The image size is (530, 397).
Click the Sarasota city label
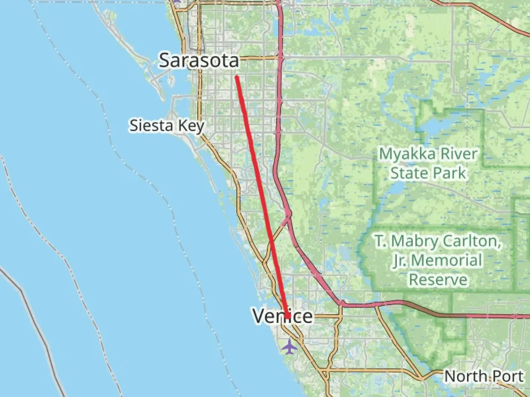click(199, 60)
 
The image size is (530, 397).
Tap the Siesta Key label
click(167, 126)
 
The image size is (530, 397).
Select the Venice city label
click(283, 316)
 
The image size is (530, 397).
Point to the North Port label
click(484, 376)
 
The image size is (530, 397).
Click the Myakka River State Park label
click(428, 164)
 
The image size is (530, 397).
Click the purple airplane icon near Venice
click(290, 347)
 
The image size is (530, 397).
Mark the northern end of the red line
click(237, 77)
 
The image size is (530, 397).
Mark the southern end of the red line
click(288, 316)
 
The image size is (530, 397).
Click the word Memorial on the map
click(446, 261)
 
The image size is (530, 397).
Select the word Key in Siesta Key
click(191, 126)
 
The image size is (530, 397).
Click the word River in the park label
click(458, 154)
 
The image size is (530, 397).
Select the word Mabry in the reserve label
click(414, 242)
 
